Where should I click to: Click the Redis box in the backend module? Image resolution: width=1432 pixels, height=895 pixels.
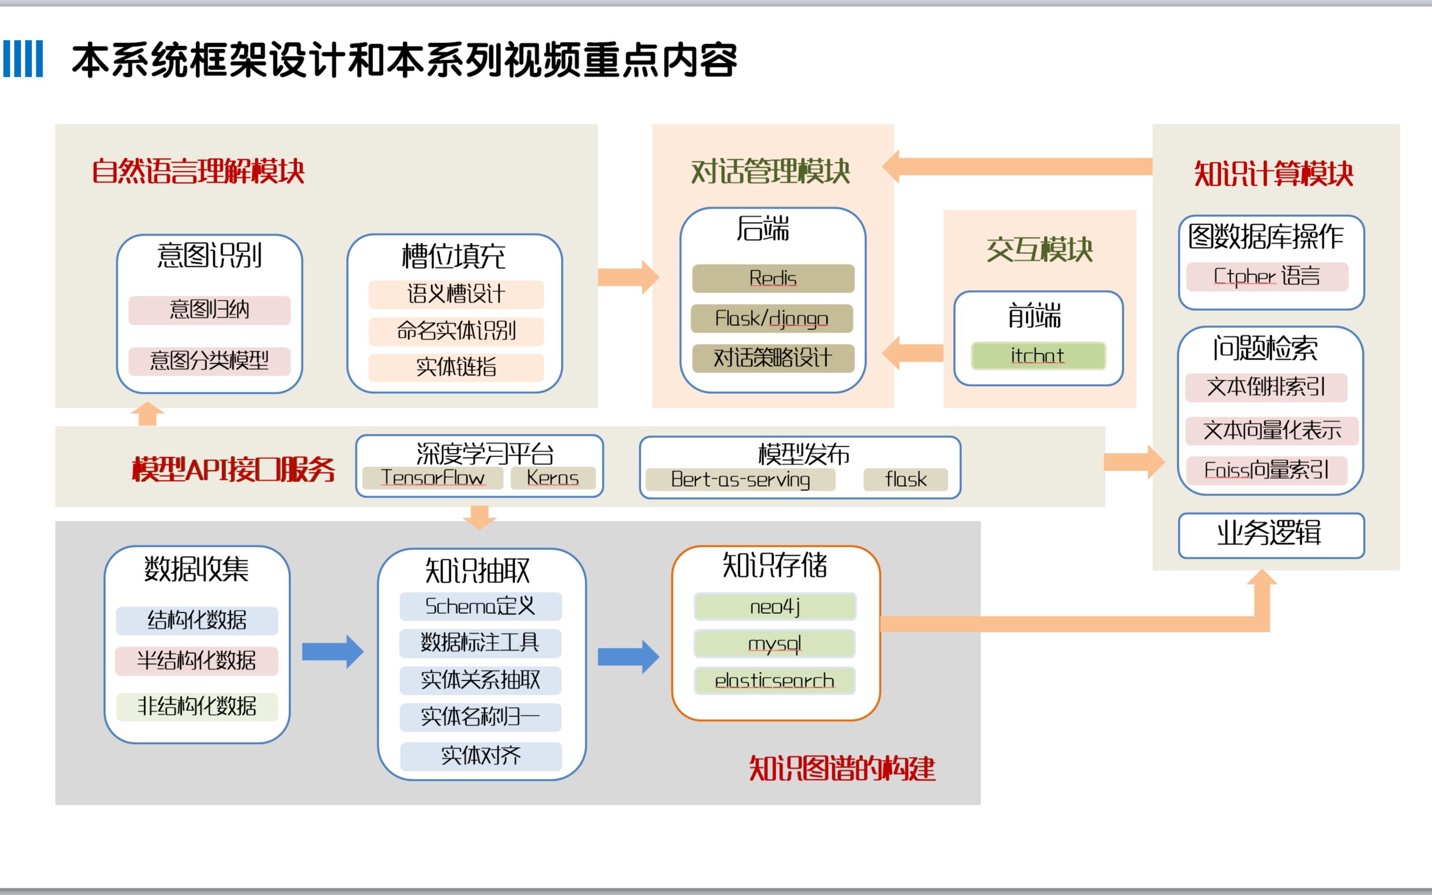point(773,278)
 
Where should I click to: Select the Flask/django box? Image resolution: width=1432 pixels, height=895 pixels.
point(772,319)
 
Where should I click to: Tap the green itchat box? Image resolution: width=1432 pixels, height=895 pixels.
point(1038,356)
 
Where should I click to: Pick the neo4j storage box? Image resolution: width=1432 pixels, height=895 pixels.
point(775,607)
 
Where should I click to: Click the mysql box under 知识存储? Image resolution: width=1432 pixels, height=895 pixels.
point(775,643)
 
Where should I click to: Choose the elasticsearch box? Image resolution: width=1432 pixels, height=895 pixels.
point(775,681)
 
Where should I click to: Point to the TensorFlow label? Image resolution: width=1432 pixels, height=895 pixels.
point(433,478)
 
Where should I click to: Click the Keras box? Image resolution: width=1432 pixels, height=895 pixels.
point(553,478)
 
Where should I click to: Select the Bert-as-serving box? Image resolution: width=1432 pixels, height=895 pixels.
point(740,479)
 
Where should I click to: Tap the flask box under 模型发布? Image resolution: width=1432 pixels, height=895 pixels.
point(905,479)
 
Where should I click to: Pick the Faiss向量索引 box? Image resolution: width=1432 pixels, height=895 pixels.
point(1266,471)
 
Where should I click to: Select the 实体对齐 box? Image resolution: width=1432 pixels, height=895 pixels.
point(480,756)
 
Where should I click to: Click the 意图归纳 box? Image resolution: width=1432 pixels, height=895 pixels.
point(210,310)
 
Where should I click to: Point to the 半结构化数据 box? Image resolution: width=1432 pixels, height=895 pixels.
point(197,660)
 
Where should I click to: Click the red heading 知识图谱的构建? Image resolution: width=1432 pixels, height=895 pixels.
point(842,769)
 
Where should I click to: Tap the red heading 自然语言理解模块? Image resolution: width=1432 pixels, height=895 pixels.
point(198,172)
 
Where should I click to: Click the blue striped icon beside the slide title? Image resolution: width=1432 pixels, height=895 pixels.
point(23,59)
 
